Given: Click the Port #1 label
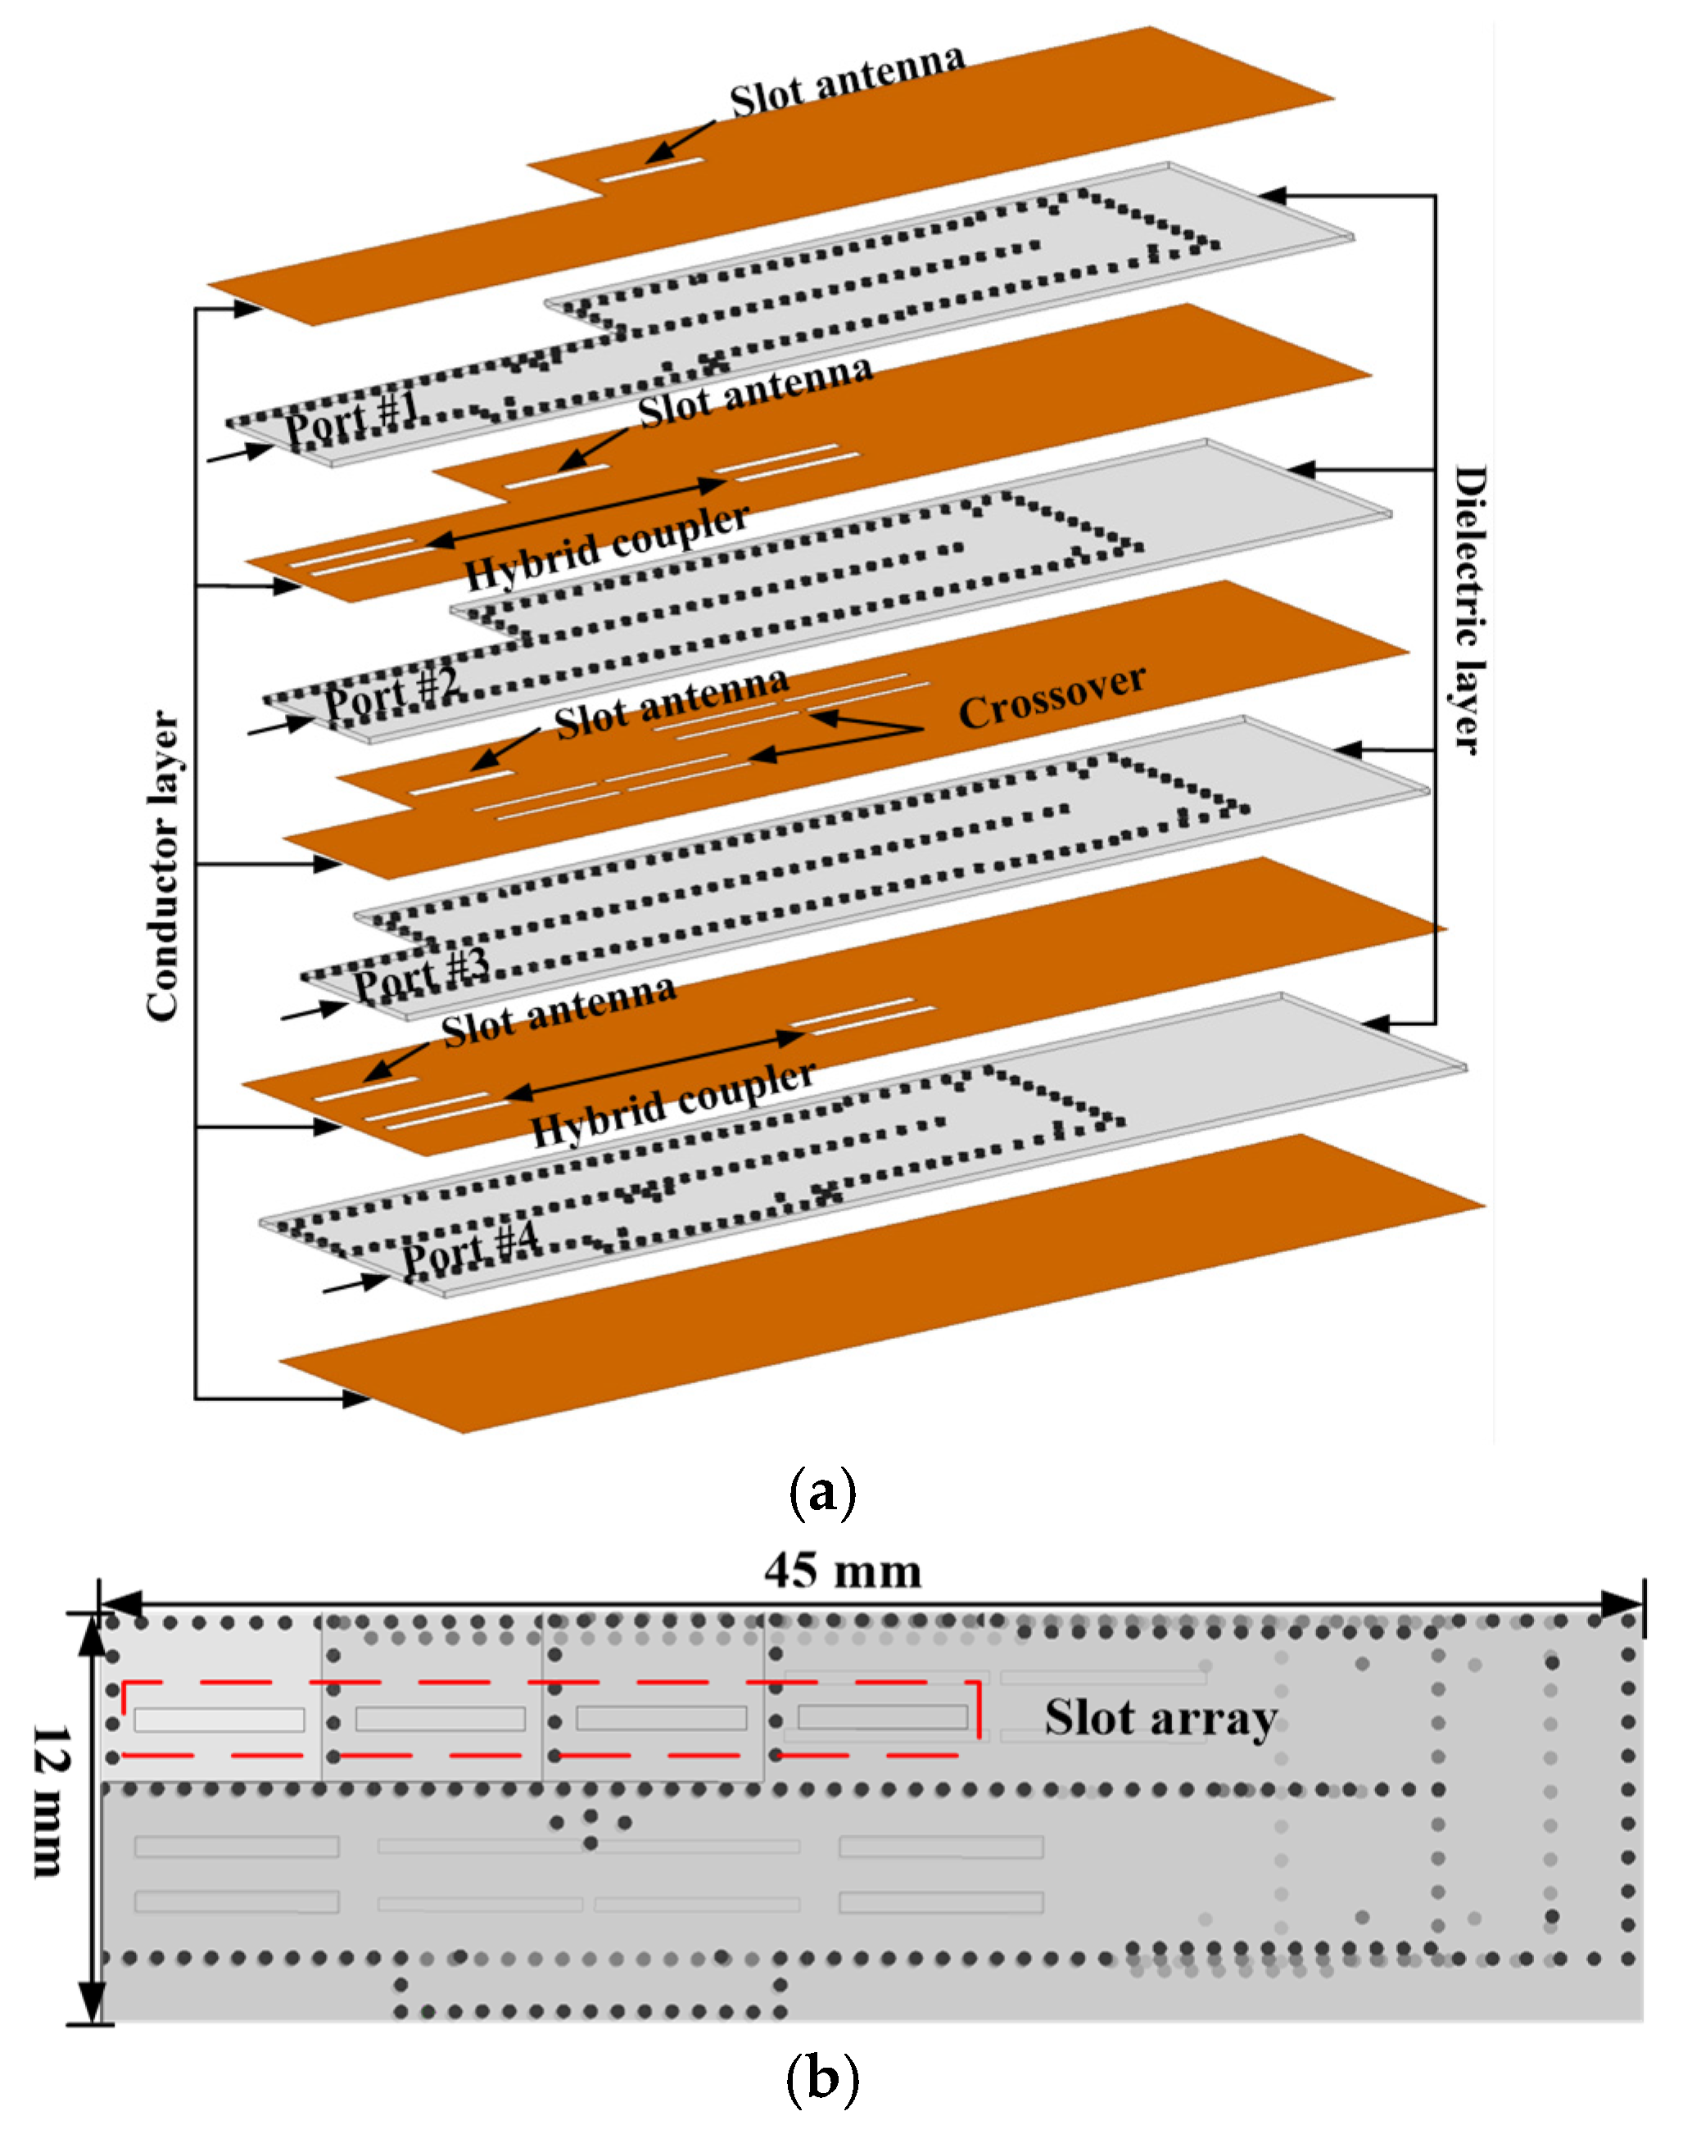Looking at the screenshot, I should click(352, 417).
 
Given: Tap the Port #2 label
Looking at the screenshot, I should click(391, 692).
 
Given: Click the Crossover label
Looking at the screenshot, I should click(1052, 698).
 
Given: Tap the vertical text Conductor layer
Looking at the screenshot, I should click(164, 865).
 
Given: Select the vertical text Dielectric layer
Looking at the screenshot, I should click(1468, 611).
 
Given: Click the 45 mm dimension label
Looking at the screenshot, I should click(843, 1571).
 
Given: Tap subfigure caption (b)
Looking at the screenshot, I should click(823, 2079).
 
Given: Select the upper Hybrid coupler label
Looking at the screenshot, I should click(606, 547).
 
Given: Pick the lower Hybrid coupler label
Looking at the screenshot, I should click(673, 1104).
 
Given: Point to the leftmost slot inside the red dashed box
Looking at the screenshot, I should click(219, 1719).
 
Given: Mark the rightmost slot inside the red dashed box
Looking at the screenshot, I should click(882, 1717).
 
